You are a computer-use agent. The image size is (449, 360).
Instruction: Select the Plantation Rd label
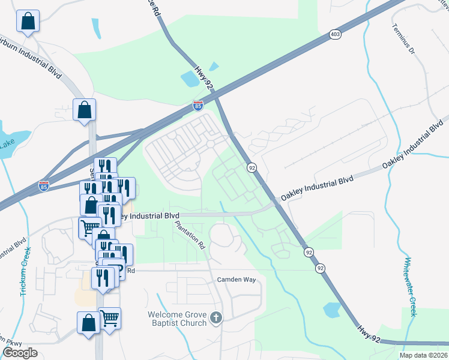[x=191, y=235]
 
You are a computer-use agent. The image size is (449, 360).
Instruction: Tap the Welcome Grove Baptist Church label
[x=178, y=319]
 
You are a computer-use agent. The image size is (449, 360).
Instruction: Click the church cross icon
[x=216, y=317]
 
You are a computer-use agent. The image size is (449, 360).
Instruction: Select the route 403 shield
[x=335, y=35]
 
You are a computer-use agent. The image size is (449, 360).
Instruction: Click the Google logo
[x=20, y=353]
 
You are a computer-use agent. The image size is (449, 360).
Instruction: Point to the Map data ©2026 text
[x=424, y=355]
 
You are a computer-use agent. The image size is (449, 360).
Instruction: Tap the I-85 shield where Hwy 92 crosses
[x=198, y=106]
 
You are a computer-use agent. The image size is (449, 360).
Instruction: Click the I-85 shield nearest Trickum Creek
[x=43, y=186]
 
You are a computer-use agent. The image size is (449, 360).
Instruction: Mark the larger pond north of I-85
[x=190, y=78]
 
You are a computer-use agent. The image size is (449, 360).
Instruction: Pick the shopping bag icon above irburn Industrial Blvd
[x=28, y=22]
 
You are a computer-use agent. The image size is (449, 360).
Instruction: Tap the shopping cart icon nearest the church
[x=109, y=317]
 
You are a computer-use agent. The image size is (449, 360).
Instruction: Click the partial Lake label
[x=7, y=143]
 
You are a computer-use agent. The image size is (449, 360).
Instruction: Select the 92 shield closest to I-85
[x=251, y=167]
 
